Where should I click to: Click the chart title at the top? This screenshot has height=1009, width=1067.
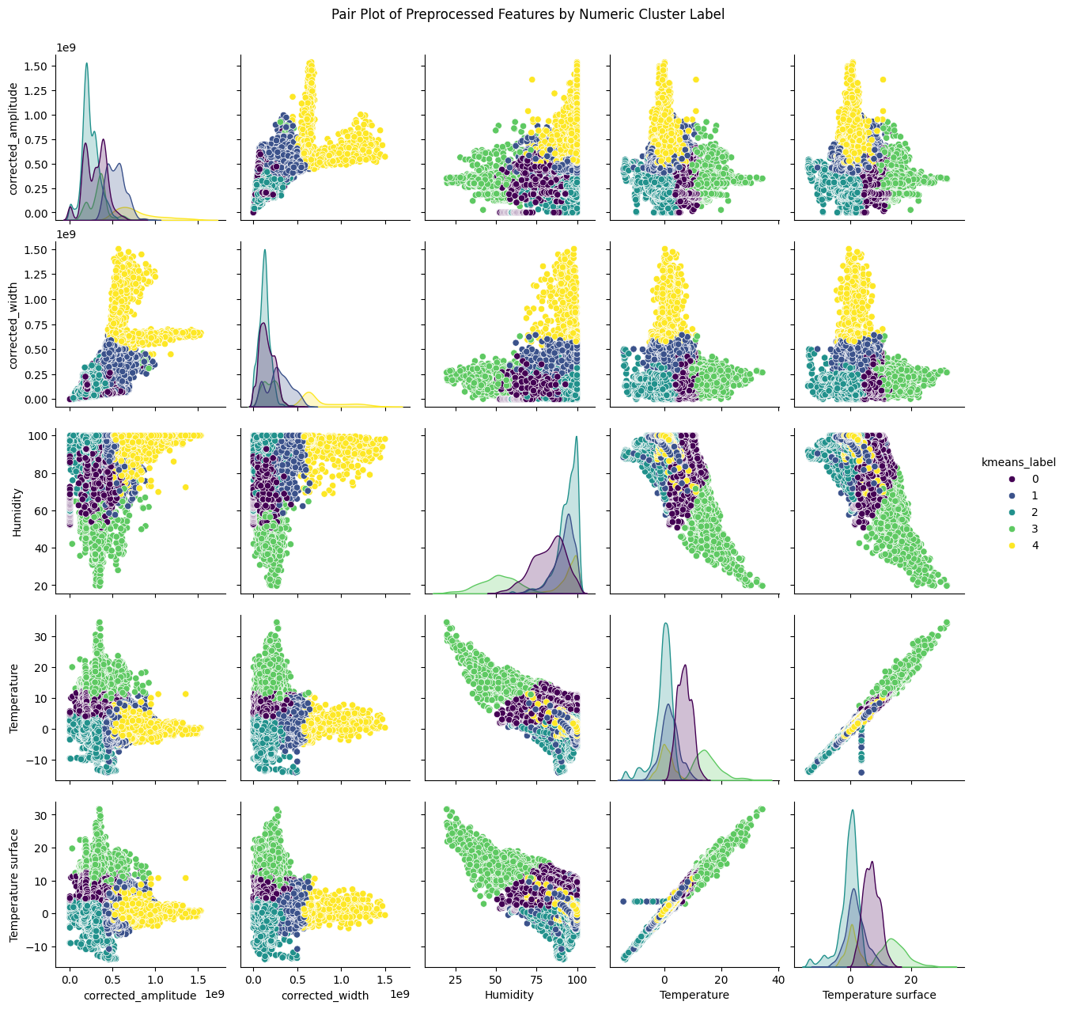click(533, 14)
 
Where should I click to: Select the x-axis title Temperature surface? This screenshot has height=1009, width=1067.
click(879, 995)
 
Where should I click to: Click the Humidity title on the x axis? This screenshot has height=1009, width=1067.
click(509, 995)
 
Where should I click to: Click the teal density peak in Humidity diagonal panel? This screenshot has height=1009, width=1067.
click(577, 438)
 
